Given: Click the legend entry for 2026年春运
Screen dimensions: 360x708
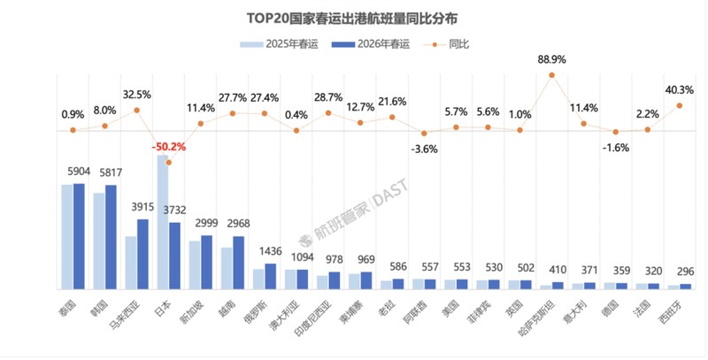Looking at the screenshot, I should (368, 44).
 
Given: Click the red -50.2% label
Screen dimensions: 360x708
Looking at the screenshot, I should (168, 147).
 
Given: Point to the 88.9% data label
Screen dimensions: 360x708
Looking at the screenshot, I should (551, 59).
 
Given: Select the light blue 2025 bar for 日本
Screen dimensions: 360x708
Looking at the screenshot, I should (162, 221).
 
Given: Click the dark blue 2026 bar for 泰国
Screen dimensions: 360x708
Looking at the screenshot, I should (79, 236).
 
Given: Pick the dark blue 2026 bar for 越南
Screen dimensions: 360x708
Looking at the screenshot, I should (238, 263).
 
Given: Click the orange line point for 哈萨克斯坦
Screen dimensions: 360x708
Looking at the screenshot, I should (552, 75).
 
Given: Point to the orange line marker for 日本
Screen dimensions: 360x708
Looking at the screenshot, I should (168, 162).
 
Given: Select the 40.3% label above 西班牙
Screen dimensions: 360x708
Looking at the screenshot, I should (679, 89).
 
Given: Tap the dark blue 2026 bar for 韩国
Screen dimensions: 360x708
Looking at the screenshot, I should (111, 237).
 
